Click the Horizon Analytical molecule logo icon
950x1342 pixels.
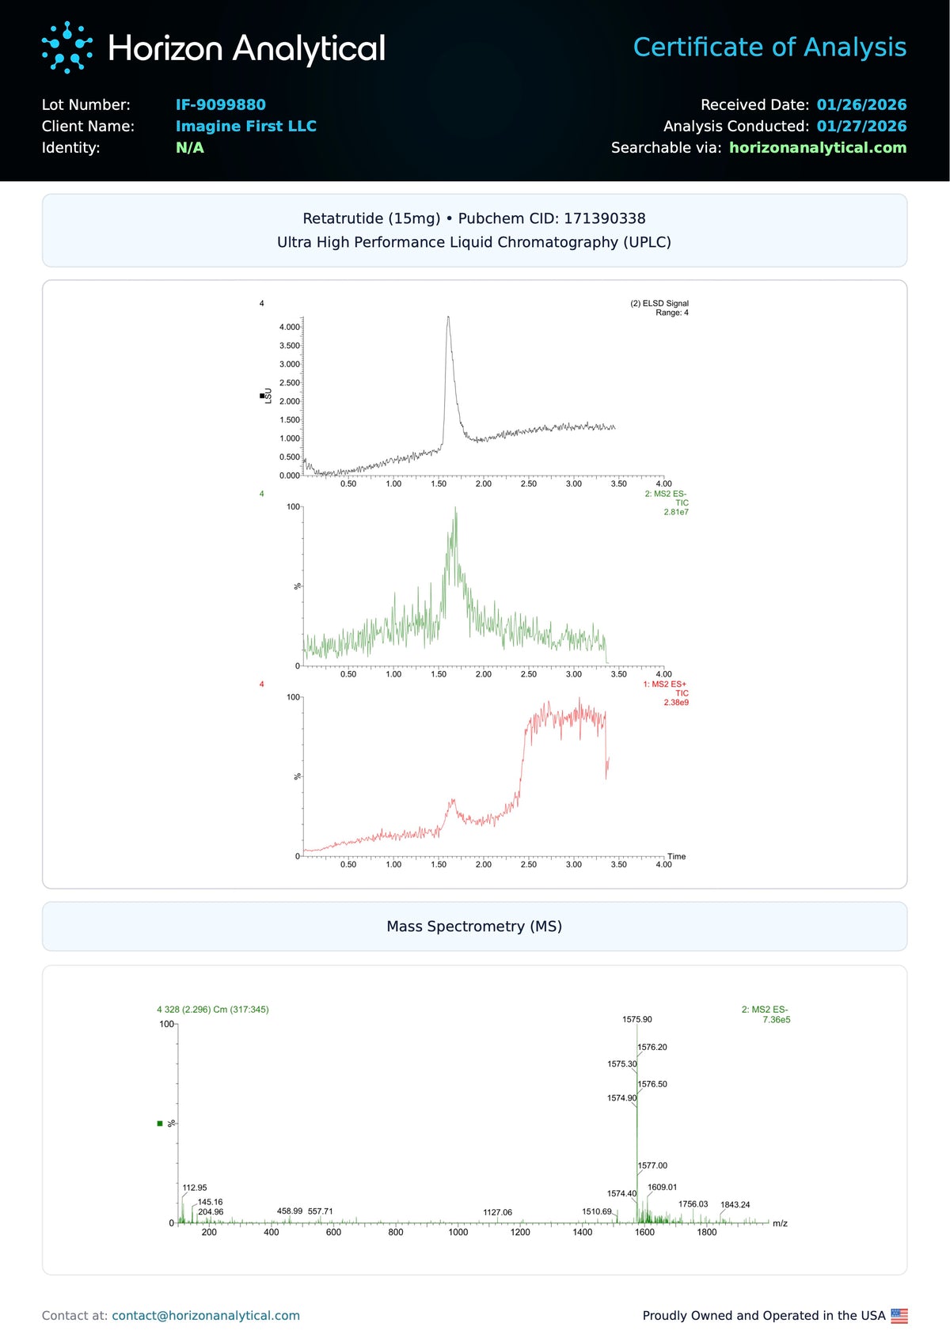[x=66, y=47]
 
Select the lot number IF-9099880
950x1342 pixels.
[x=220, y=104]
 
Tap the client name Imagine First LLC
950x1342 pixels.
[x=245, y=126]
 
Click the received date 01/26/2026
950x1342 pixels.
[x=861, y=104]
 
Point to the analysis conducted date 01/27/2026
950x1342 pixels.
[x=861, y=126]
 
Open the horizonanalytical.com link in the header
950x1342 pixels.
[x=817, y=147]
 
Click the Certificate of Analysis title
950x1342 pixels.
[x=769, y=47]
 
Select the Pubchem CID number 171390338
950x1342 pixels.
[x=605, y=218]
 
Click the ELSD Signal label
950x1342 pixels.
[x=659, y=303]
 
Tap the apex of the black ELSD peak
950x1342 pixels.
[x=448, y=317]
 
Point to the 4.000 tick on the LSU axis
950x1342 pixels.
[x=289, y=327]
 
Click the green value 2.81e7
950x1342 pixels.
[x=676, y=512]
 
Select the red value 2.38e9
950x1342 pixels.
[x=676, y=703]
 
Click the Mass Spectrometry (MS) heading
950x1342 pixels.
[x=474, y=927]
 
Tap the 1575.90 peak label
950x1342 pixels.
[x=636, y=1019]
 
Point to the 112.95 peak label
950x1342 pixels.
[x=195, y=1188]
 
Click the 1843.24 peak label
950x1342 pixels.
[x=735, y=1205]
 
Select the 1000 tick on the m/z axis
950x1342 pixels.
[x=458, y=1232]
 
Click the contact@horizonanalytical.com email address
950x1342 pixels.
[x=206, y=1315]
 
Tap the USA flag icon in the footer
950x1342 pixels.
[x=899, y=1315]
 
